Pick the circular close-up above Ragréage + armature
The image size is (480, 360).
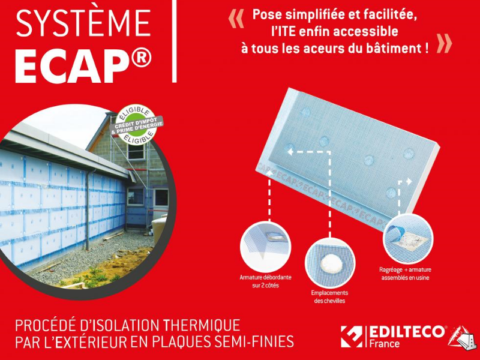pos(406,239)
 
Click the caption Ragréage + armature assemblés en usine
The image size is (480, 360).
pos(406,274)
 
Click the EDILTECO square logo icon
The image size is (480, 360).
pos(352,337)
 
